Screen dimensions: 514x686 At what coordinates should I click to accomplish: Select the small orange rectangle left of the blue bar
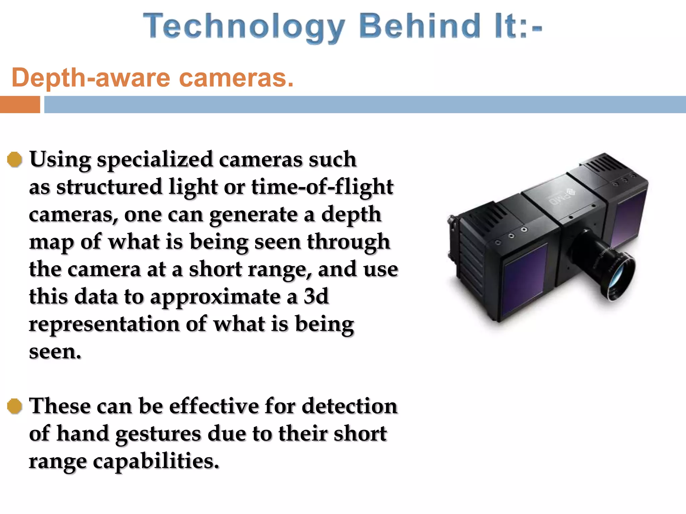pyautogui.click(x=20, y=104)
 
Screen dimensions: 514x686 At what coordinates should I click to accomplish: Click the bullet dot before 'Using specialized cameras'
pyautogui.click(x=15, y=160)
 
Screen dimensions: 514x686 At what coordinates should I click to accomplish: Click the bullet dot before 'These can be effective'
pyautogui.click(x=15, y=406)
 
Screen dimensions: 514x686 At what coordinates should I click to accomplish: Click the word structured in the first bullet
pyautogui.click(x=109, y=187)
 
